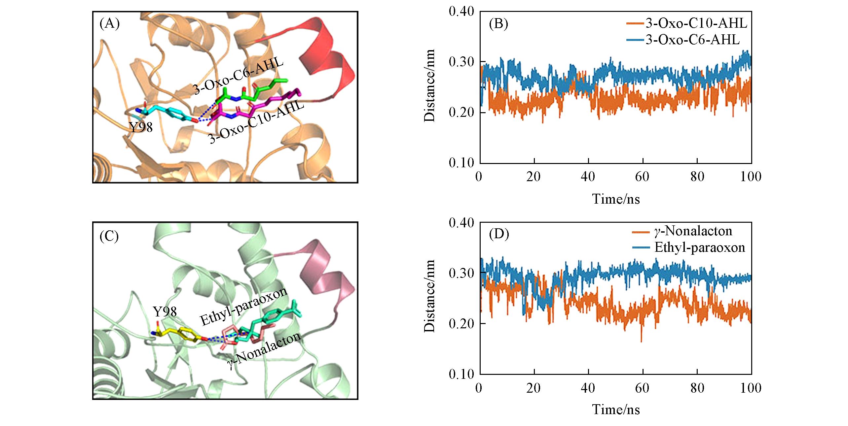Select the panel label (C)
(109, 236)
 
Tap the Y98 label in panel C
(165, 311)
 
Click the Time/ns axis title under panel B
(616, 199)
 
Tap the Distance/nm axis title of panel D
(430, 296)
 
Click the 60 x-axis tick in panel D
(643, 388)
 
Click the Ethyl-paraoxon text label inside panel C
(244, 306)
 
